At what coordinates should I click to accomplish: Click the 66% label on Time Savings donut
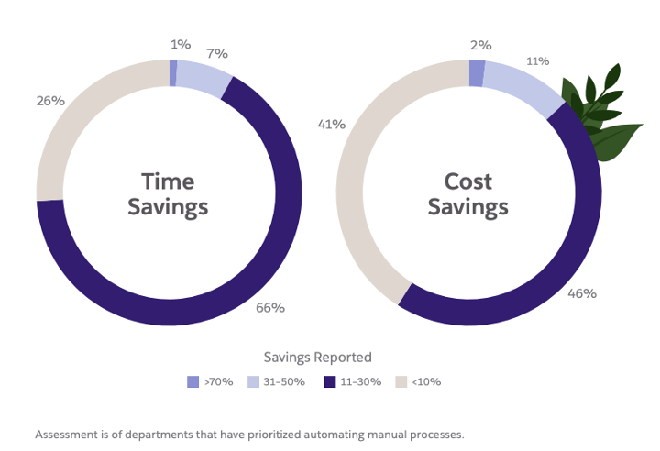(269, 308)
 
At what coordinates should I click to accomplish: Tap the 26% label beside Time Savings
(50, 101)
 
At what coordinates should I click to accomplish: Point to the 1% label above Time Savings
(180, 44)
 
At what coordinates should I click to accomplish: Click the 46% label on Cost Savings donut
(581, 293)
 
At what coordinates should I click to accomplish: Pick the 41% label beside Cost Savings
(330, 124)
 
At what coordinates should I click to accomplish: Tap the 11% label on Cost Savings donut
(537, 61)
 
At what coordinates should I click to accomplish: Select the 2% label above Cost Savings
(481, 44)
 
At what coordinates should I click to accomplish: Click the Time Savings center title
(169, 193)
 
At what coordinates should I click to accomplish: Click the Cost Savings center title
(468, 193)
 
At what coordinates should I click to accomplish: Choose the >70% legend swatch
(192, 381)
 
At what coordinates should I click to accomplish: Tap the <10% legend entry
(418, 381)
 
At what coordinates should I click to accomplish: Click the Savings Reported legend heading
(317, 357)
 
